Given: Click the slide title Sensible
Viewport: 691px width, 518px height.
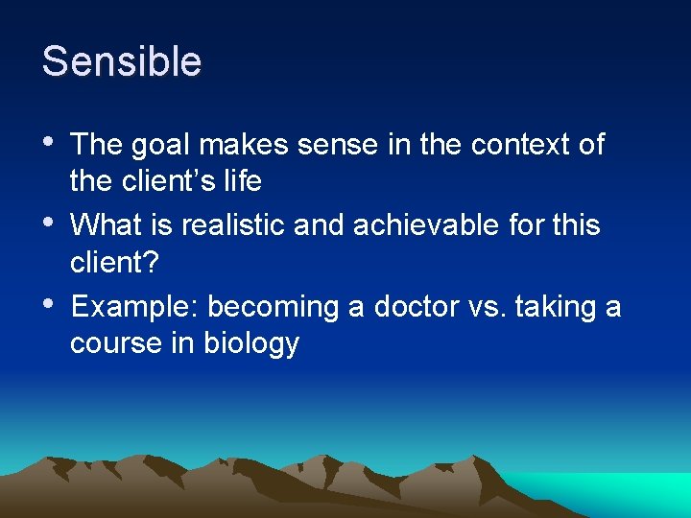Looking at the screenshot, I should pyautogui.click(x=122, y=62).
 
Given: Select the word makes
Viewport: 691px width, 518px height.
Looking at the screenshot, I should pyautogui.click(x=243, y=145).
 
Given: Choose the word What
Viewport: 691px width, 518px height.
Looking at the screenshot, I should pyautogui.click(x=106, y=225).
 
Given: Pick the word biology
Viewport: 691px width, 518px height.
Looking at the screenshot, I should pyautogui.click(x=251, y=343).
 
